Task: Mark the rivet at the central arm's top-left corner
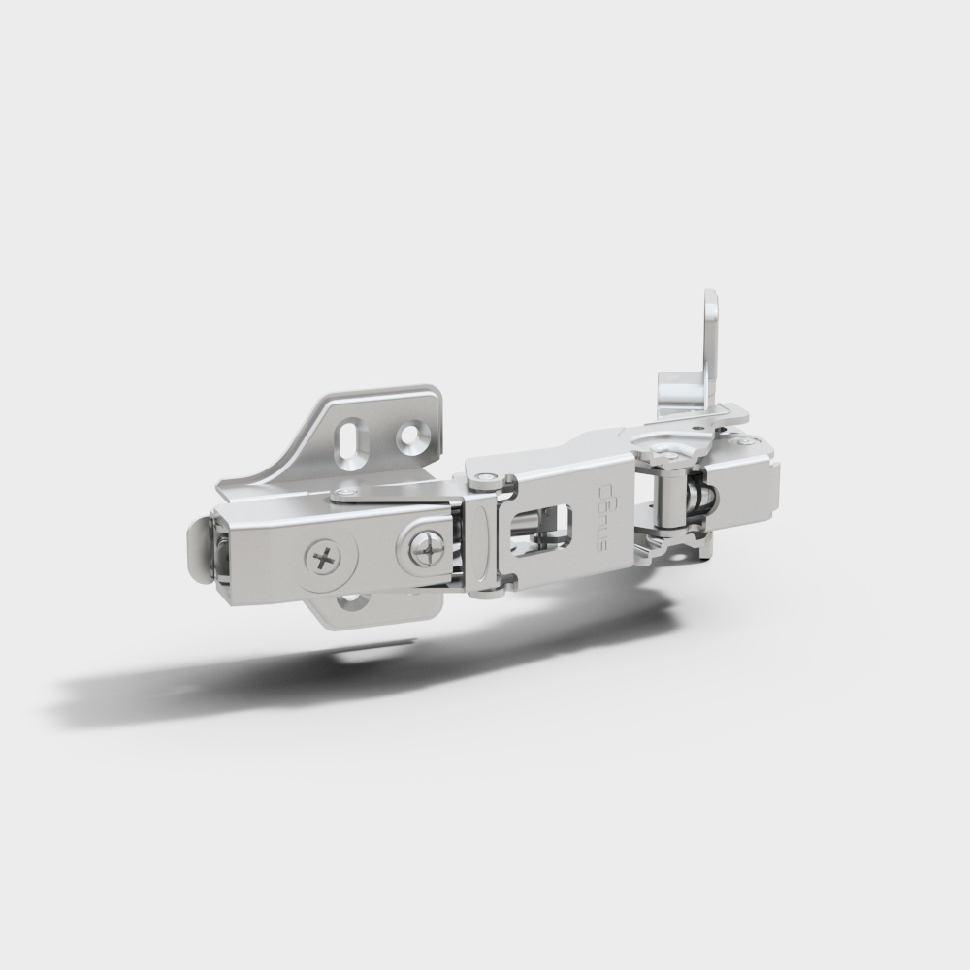pos(481,476)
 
